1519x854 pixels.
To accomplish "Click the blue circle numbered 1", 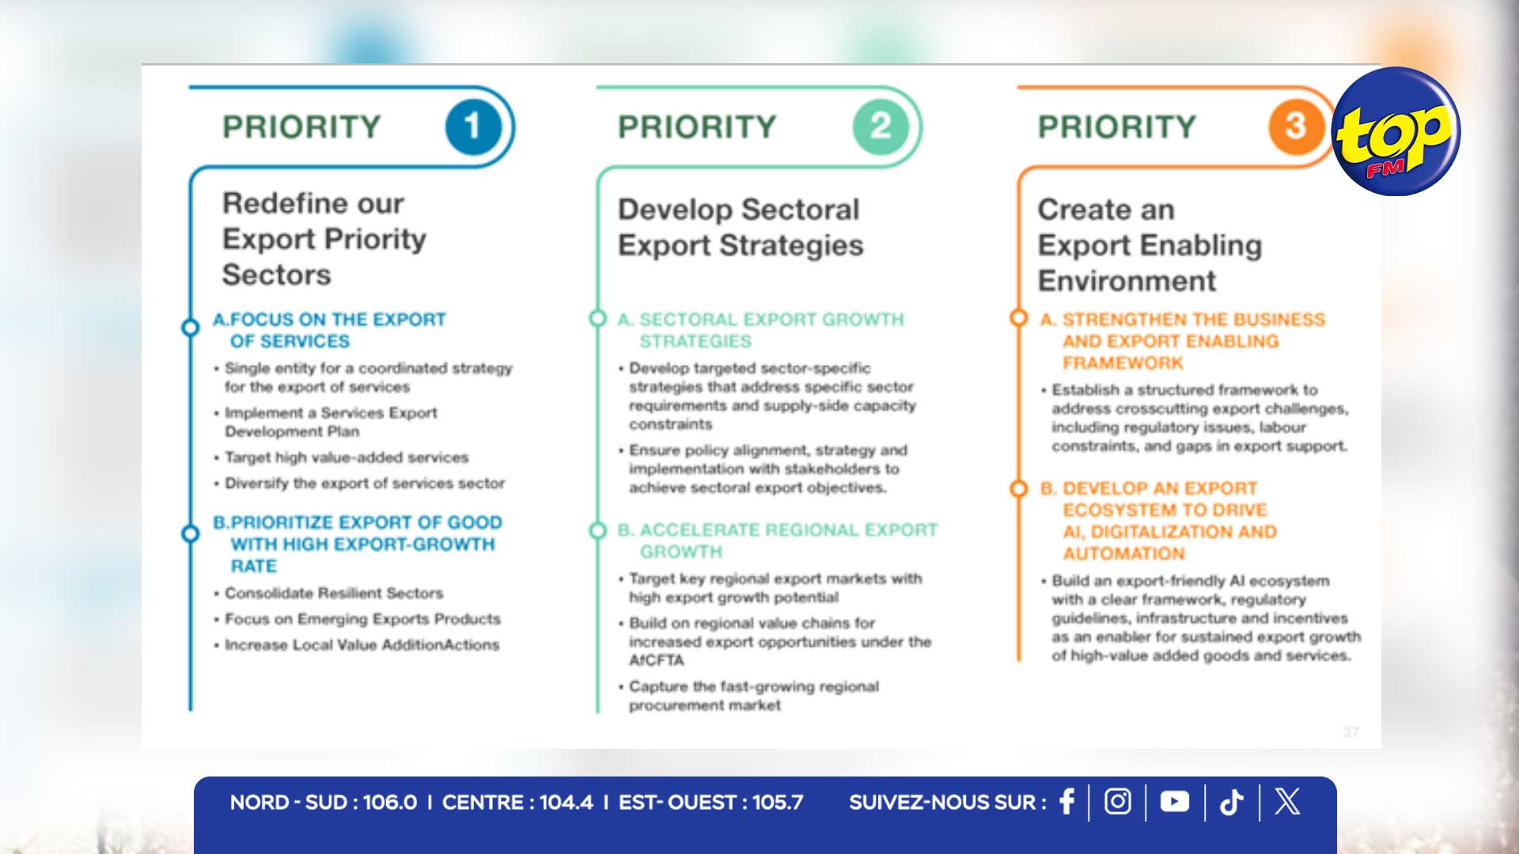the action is coord(473,127).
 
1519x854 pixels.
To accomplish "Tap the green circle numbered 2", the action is coord(881,127).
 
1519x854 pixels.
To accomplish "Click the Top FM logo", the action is coord(1396,132).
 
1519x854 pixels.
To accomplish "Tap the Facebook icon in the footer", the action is coord(1067,802).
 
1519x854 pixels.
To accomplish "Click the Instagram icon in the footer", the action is coord(1118,802).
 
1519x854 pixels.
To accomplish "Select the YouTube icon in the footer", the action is coord(1175,802).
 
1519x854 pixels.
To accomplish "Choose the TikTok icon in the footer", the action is coord(1232,803).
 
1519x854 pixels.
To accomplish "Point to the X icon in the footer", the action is coord(1287,802).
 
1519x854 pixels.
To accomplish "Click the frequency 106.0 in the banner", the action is coord(390,803).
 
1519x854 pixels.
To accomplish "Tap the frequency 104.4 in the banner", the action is coord(566,803).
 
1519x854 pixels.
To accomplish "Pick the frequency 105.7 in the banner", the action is coord(778,803).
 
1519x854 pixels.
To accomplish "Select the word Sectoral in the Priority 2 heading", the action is coord(801,210).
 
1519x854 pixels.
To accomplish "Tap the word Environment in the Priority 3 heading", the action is coord(1127,281).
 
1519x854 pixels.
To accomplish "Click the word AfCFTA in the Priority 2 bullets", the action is coord(657,660).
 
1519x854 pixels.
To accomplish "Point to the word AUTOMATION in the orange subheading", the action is coord(1124,554).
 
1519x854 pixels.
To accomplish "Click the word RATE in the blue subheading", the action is coord(254,566).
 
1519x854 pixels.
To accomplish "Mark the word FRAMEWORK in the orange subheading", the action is coord(1123,363).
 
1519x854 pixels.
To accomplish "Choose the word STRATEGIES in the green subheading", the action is coord(695,341).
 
